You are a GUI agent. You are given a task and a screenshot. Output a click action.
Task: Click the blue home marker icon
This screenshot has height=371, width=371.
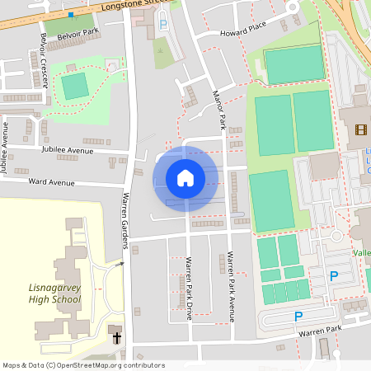coord(185,178)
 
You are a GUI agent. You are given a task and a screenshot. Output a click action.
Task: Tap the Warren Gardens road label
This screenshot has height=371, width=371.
coord(126,219)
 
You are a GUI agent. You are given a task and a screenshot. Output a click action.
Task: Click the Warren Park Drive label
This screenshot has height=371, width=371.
coord(189,289)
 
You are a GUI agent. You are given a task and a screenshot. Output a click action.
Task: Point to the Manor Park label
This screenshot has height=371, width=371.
coord(219,111)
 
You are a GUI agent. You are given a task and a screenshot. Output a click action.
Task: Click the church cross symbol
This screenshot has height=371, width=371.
coord(116,337)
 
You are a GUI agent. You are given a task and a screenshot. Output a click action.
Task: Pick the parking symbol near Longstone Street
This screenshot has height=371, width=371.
coord(162,26)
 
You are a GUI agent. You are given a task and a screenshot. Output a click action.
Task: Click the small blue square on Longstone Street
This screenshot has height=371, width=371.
coord(71,15)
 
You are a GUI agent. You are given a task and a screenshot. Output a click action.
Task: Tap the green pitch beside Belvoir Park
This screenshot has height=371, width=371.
coord(75,85)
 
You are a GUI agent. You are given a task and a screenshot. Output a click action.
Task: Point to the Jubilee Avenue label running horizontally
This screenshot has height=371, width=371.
coord(68,152)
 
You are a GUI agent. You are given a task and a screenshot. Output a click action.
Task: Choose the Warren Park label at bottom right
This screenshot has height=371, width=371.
coord(321,331)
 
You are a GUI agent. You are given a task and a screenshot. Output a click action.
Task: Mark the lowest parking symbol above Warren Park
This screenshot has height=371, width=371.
coord(298,317)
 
